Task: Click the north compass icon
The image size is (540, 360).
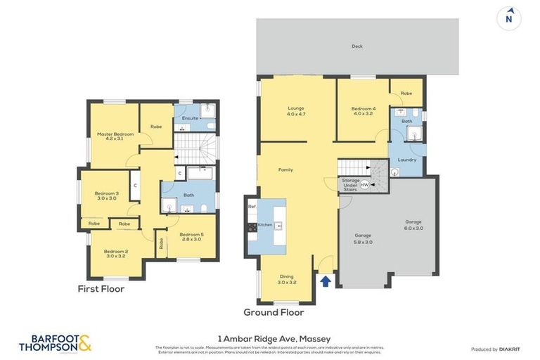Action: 509,18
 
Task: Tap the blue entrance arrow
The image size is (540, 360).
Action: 325,281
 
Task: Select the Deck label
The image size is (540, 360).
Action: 357,47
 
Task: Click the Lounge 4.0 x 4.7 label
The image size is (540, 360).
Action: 295,111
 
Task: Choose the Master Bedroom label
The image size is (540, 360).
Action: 115,136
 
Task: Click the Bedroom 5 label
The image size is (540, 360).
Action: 191,237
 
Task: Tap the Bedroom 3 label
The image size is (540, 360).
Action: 107,195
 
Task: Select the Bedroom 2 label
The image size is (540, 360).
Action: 116,253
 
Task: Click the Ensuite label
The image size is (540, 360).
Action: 190,118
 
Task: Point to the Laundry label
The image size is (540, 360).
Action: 407,160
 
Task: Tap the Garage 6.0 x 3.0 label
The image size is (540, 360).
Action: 413,224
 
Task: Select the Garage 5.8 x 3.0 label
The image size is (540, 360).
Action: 363,238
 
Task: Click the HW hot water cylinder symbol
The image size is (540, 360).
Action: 364,184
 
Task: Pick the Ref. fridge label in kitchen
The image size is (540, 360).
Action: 252,206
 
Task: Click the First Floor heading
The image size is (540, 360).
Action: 101,288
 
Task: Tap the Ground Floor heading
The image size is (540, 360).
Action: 274,311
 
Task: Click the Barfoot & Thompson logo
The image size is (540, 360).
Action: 55,342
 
